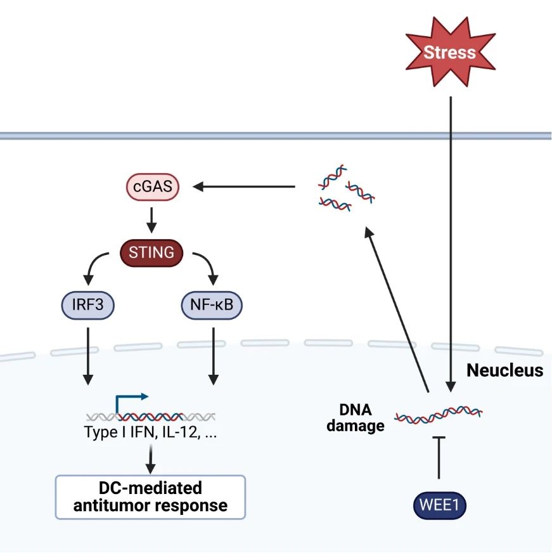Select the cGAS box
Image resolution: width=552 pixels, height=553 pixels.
(x=152, y=188)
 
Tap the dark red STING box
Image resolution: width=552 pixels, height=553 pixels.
(x=151, y=252)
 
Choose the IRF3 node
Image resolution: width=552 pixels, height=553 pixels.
(x=88, y=306)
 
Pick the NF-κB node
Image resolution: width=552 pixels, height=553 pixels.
(x=212, y=306)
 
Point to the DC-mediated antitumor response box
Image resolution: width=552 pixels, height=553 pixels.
(x=151, y=497)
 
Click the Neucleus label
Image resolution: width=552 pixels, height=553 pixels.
(x=504, y=370)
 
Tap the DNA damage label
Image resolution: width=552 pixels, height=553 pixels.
(x=359, y=418)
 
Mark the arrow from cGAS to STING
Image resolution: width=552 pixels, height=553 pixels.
(x=152, y=219)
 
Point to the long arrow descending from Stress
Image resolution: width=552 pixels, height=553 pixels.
(x=451, y=241)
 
